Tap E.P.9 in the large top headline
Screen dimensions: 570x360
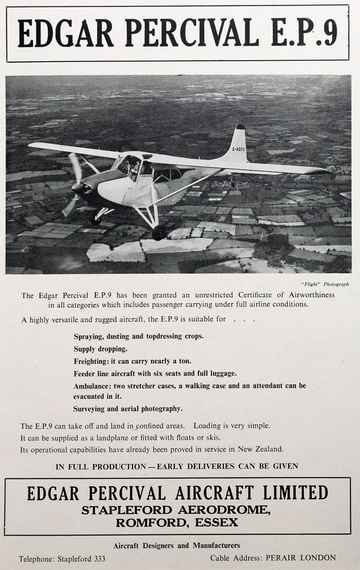click(x=305, y=34)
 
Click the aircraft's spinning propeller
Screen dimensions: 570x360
click(x=75, y=185)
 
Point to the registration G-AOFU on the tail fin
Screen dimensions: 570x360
click(x=239, y=149)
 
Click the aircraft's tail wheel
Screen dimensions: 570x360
click(x=233, y=182)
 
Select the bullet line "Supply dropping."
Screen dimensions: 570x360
click(x=100, y=349)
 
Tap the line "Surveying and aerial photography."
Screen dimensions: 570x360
click(x=127, y=408)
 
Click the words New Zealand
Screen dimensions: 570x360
click(x=263, y=449)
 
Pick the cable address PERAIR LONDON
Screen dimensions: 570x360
click(x=301, y=558)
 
